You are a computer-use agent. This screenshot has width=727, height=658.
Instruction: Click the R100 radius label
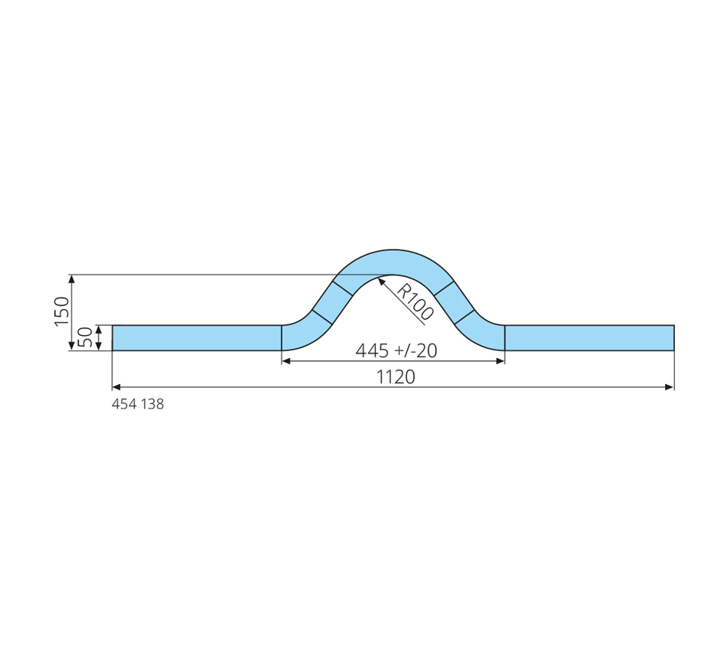(415, 302)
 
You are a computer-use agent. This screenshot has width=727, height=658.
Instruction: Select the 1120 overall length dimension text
(396, 377)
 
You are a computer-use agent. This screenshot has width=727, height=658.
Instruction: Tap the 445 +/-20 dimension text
(396, 350)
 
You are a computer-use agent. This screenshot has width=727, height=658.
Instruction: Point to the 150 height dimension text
(62, 311)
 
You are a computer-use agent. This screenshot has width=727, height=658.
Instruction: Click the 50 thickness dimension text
(85, 337)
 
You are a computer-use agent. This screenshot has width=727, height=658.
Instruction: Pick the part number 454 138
(138, 404)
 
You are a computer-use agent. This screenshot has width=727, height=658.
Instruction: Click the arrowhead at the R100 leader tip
(382, 281)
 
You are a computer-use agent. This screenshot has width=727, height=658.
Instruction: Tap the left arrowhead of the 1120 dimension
(116, 387)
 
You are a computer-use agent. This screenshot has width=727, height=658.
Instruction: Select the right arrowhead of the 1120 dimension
(670, 387)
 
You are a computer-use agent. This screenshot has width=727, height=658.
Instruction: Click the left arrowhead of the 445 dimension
(286, 361)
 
